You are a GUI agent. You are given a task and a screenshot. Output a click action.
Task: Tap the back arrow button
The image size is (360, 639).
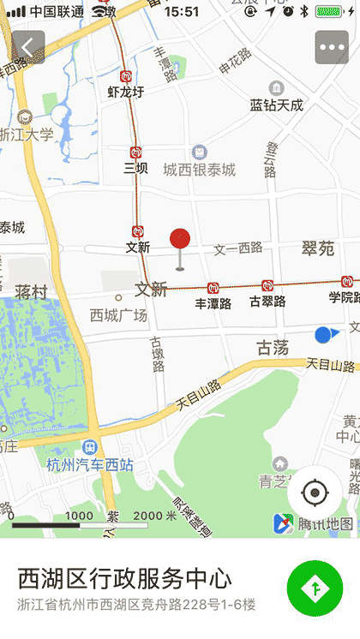pos(28,47)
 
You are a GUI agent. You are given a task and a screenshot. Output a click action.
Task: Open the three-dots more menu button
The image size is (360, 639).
pos(332,47)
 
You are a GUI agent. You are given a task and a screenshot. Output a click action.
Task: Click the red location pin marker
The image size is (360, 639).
pos(180,241)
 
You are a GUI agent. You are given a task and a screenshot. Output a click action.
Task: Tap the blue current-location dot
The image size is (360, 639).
pos(323,335)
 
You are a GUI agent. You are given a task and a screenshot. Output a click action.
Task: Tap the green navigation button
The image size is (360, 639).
pos(315,588)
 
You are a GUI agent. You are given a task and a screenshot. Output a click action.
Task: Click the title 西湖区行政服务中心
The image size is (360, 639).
pos(125,578)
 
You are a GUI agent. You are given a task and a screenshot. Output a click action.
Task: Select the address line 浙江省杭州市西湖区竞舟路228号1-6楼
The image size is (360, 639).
pos(137,604)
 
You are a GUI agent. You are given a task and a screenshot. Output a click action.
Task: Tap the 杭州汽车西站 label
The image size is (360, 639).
pos(90,465)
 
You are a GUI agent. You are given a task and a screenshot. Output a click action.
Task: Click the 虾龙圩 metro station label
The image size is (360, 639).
pos(126,92)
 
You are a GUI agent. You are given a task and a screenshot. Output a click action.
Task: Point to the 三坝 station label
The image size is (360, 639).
pos(135,168)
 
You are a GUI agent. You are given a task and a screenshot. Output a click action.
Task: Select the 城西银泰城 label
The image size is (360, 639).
pos(200,170)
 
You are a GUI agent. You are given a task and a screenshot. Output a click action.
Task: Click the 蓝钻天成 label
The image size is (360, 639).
pos(277,105)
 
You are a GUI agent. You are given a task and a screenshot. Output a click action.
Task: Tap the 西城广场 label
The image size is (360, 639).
pos(118,315)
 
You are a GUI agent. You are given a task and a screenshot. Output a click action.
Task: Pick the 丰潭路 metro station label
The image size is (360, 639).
pos(213,302)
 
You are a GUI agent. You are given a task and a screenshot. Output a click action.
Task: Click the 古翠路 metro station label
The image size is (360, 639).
pos(267,301)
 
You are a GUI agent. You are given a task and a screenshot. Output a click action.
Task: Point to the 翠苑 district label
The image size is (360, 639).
pos(318,248)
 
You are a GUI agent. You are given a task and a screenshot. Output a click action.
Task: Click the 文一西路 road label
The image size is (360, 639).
pos(238,248)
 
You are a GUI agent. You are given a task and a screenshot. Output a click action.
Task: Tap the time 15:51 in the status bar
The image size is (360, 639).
pos(181,12)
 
